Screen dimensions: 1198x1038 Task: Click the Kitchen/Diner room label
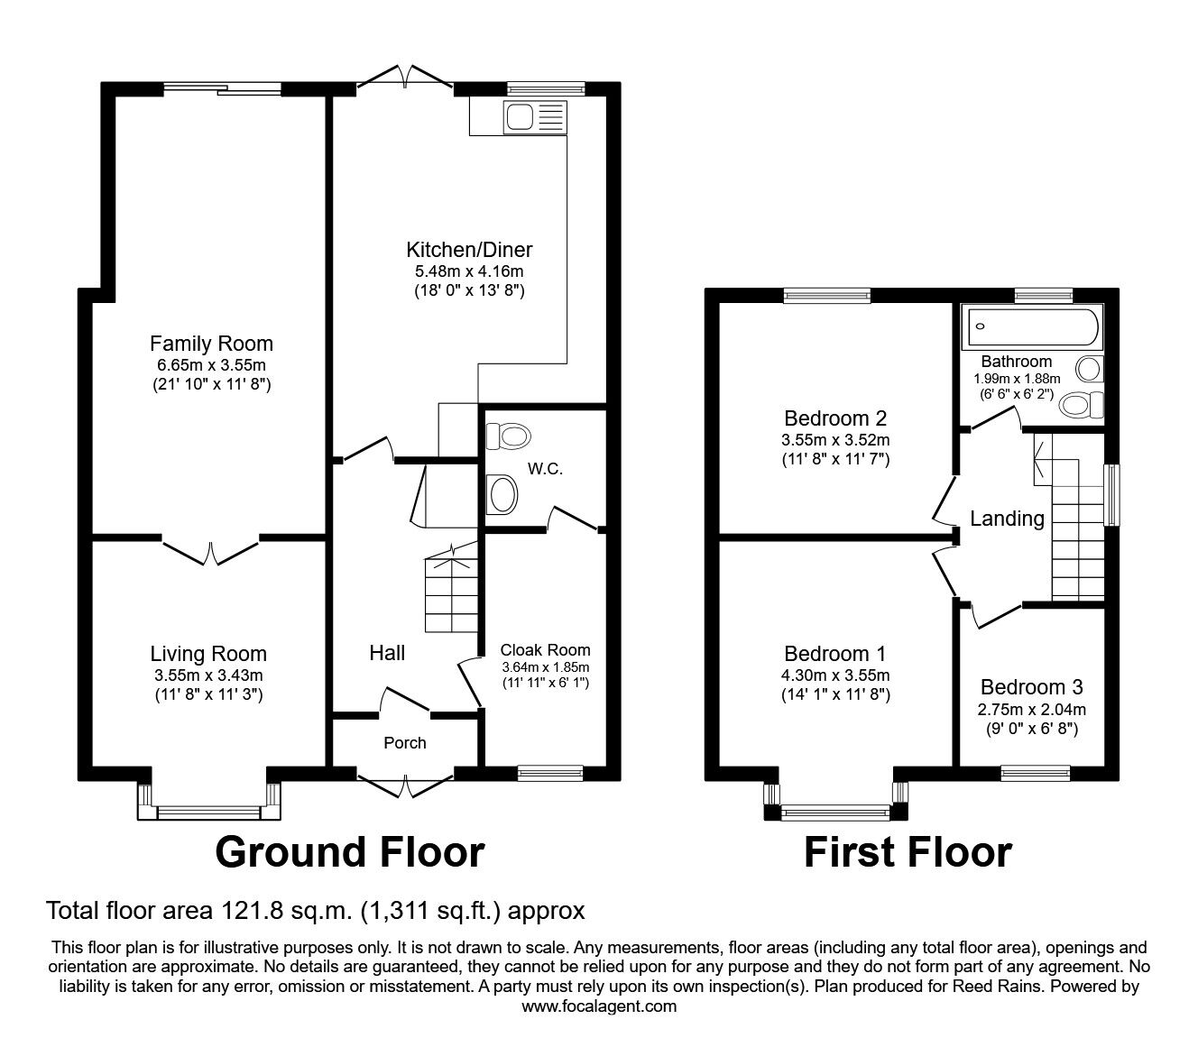(469, 250)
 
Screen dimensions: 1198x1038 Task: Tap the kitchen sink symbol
(535, 117)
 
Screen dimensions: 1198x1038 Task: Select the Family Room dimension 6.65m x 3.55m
(212, 365)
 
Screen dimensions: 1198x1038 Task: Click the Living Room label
(208, 654)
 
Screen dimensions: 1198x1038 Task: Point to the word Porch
(404, 743)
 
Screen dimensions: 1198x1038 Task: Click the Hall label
(387, 653)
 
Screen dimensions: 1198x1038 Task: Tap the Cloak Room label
(546, 650)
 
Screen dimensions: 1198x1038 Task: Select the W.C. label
(546, 468)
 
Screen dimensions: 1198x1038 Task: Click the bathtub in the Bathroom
(1030, 326)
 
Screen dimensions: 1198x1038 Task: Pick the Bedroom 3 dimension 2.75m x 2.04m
(1032, 710)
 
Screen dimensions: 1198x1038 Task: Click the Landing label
(1008, 519)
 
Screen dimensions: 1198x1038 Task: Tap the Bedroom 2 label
(835, 418)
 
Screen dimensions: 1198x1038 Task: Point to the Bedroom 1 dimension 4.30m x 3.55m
(835, 675)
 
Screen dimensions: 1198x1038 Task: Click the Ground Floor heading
(349, 852)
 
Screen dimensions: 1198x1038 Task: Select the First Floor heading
(908, 852)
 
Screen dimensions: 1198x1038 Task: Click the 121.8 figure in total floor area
(251, 911)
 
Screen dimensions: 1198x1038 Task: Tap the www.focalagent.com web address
(599, 1006)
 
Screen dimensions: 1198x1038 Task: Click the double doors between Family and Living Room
(210, 552)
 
